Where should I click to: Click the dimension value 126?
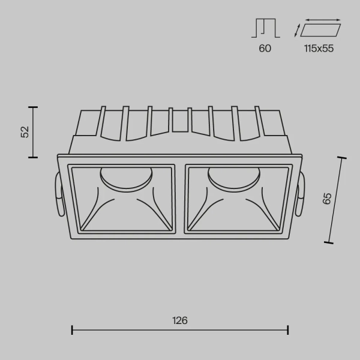coord(180,320)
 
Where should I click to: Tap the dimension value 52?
coord(25,133)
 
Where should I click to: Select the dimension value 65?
coord(327,199)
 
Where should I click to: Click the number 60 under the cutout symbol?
coord(265,49)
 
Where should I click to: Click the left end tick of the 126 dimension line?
coord(72,329)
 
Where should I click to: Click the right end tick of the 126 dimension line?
coord(288,329)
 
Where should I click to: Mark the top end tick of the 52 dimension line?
coord(34,107)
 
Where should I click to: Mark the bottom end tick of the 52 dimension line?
coord(34,158)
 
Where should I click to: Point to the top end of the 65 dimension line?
coord(343,158)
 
